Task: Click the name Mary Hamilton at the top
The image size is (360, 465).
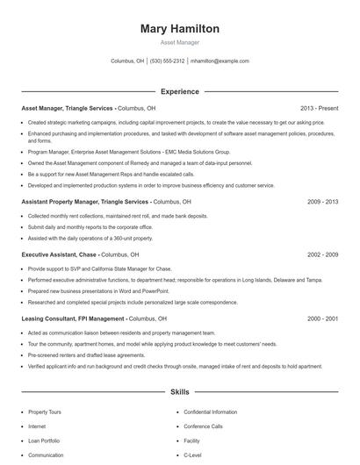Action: coord(179,28)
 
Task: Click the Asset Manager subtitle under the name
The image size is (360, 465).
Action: coord(179,42)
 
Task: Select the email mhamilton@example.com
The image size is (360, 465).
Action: coord(220,61)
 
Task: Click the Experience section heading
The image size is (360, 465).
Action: coord(179,91)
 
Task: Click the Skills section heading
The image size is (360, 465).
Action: coord(179,393)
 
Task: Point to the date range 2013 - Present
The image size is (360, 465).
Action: coord(318,108)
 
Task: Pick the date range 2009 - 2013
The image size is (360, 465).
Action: coord(322,201)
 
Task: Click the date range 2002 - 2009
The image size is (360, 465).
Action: coord(322,254)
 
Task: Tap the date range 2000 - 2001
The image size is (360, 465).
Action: coord(322,318)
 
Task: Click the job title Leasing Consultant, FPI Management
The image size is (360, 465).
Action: coord(73,318)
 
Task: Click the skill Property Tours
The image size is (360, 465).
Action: coord(44,411)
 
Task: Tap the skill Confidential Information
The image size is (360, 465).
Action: coord(210,411)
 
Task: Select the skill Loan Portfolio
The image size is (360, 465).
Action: coord(43,440)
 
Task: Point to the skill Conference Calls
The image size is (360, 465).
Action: coord(203,426)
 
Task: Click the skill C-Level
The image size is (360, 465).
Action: coord(192,455)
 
